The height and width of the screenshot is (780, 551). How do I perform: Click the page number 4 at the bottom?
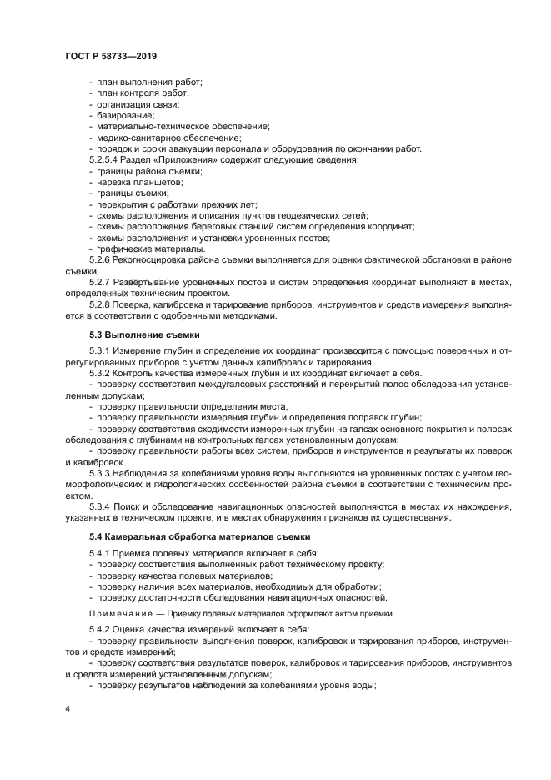click(67, 708)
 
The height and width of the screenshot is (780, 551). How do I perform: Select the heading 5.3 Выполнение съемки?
click(133, 335)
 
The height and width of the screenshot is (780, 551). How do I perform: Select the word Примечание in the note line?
click(121, 613)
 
